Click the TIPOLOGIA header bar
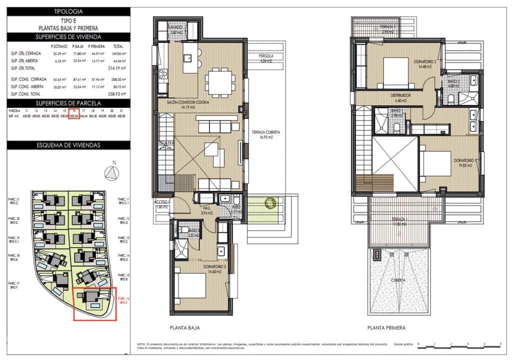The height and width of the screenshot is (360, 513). tap(68, 11)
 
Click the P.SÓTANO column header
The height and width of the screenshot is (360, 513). tap(59, 45)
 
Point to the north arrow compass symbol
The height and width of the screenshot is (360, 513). tap(112, 173)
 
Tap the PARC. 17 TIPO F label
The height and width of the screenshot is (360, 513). tap(14, 286)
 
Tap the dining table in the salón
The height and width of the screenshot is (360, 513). tap(220, 80)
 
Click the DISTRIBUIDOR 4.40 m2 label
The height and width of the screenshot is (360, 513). tap(400, 97)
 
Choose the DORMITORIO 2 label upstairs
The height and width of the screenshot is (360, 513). tap(425, 64)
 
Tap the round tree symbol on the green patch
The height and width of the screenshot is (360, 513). tap(271, 203)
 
